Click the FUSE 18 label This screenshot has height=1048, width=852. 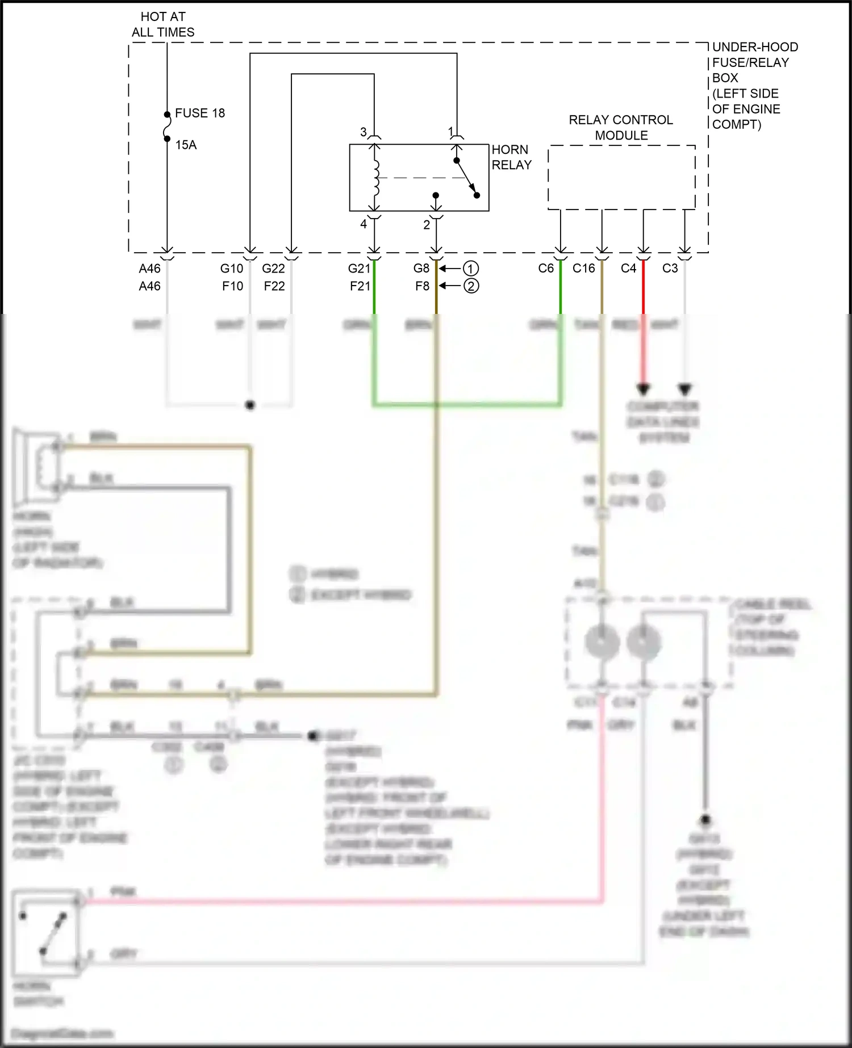click(199, 113)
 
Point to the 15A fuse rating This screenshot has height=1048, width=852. click(186, 145)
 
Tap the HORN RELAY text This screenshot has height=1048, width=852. click(511, 157)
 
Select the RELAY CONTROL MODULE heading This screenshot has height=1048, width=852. click(621, 128)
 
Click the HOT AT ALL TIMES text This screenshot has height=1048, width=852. click(163, 24)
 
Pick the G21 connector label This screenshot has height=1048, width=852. click(359, 269)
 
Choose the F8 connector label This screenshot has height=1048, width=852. click(422, 286)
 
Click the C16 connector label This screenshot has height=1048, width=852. click(583, 269)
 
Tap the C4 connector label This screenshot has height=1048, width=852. click(628, 269)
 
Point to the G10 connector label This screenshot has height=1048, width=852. click(232, 269)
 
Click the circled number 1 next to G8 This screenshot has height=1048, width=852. click(471, 269)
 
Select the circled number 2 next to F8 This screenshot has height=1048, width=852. click(471, 286)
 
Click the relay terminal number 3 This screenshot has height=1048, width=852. click(364, 132)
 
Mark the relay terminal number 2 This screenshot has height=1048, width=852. click(427, 225)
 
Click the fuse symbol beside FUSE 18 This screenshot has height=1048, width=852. click(167, 127)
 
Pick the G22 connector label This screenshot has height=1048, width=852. click(273, 269)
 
